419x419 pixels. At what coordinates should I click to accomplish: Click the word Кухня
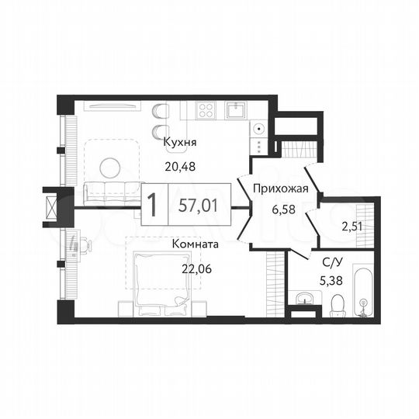point(180,143)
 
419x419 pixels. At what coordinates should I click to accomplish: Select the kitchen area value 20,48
point(180,164)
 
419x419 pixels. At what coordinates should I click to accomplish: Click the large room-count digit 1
point(154,206)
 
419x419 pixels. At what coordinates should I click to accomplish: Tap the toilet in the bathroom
point(336,303)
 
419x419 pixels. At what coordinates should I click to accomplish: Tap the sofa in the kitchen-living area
point(109,190)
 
